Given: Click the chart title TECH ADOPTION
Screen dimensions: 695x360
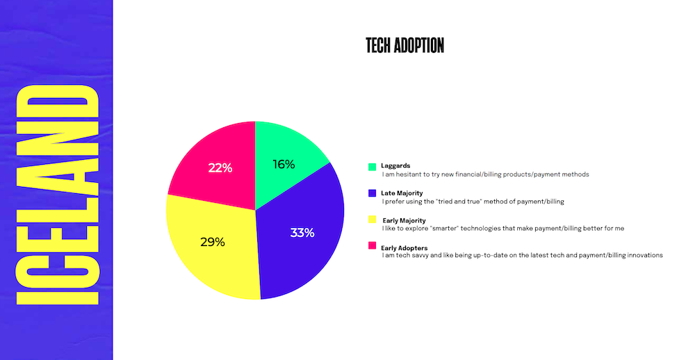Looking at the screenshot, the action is point(404,46).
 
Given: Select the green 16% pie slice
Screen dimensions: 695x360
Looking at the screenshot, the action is point(288,155).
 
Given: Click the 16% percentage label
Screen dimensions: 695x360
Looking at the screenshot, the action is point(284,165).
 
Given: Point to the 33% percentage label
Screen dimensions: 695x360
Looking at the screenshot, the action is point(302,233).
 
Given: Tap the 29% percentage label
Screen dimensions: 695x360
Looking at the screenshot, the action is point(212,242).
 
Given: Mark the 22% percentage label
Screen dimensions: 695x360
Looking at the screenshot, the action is point(220,168).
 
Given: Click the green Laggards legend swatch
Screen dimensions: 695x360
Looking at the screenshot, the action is point(373,167).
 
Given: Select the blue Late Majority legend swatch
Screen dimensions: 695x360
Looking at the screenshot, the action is point(373,193).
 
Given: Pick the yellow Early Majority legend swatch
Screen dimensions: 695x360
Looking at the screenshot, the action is point(373,220).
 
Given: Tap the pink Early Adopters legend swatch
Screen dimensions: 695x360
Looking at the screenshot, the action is point(373,245).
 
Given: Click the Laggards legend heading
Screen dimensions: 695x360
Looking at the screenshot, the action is point(395,166).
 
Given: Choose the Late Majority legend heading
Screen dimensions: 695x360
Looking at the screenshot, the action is point(402,193).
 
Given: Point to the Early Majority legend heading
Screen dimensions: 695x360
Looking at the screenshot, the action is point(404,220).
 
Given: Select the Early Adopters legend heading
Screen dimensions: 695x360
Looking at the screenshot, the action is point(404,248).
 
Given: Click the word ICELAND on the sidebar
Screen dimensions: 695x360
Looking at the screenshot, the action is point(57,194).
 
